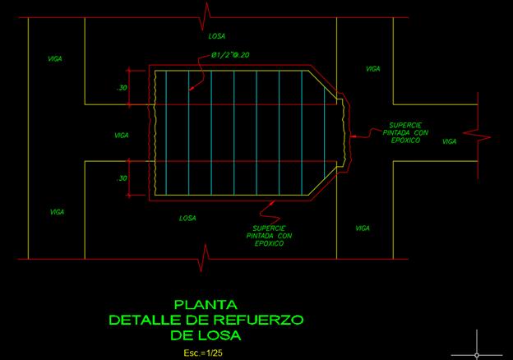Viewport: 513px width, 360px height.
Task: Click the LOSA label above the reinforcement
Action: (218, 36)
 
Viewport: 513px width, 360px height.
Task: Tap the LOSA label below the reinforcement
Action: (188, 218)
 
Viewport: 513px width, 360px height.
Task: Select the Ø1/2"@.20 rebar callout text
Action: (229, 55)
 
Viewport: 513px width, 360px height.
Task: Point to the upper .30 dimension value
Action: (122, 88)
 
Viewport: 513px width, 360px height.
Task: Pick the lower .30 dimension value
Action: (122, 178)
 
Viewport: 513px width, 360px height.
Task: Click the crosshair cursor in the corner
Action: (478, 342)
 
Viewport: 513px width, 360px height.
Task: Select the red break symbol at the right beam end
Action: (477, 132)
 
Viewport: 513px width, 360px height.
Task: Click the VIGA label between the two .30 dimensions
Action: (122, 135)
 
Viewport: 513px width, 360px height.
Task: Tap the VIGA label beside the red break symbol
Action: (450, 141)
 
